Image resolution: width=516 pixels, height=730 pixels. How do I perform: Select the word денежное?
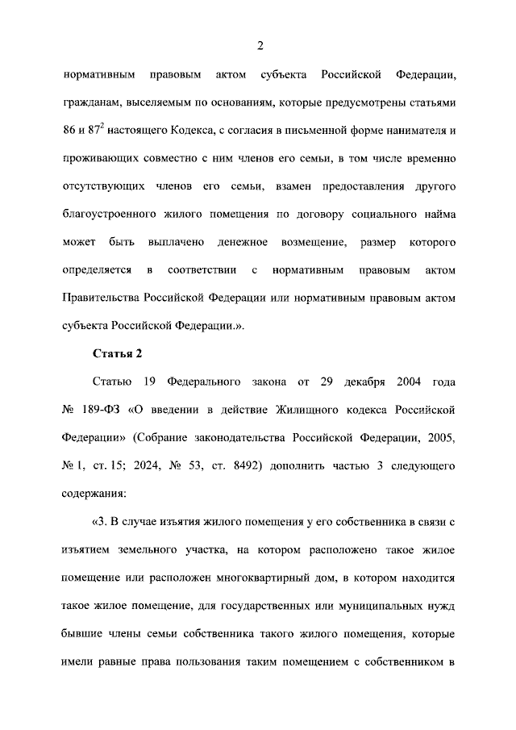pos(238,242)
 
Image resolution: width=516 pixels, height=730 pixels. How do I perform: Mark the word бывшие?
pos(81,634)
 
